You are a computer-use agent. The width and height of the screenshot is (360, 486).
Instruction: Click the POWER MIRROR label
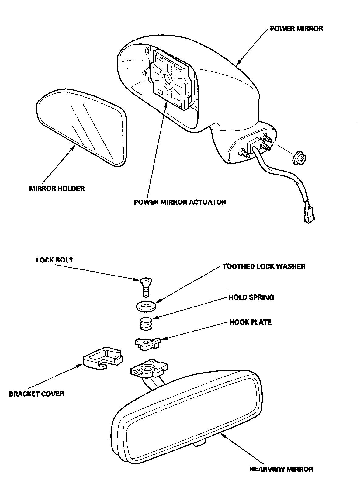pos(296,29)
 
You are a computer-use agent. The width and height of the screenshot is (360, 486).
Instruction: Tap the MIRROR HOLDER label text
pos(57,188)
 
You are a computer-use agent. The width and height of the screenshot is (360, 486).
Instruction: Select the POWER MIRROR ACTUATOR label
pos(180,202)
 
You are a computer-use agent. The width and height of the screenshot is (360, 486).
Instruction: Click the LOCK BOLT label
pos(55,260)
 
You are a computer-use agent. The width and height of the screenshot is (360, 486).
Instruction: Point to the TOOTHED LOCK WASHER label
pos(264,266)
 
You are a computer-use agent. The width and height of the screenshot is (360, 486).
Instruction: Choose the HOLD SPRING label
pos(251,297)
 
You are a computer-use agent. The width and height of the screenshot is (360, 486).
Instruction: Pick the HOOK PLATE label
pos(250,322)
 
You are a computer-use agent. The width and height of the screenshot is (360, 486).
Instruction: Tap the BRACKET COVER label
pos(37,394)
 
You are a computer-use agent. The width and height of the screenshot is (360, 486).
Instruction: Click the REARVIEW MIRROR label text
pos(281,469)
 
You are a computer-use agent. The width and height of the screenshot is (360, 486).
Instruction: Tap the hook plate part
pos(147,343)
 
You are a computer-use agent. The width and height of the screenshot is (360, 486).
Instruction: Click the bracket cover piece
pos(103,359)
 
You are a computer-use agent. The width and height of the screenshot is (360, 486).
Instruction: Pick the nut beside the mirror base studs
pos(299,158)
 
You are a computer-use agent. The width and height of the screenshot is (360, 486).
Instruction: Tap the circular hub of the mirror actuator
pos(166,78)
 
